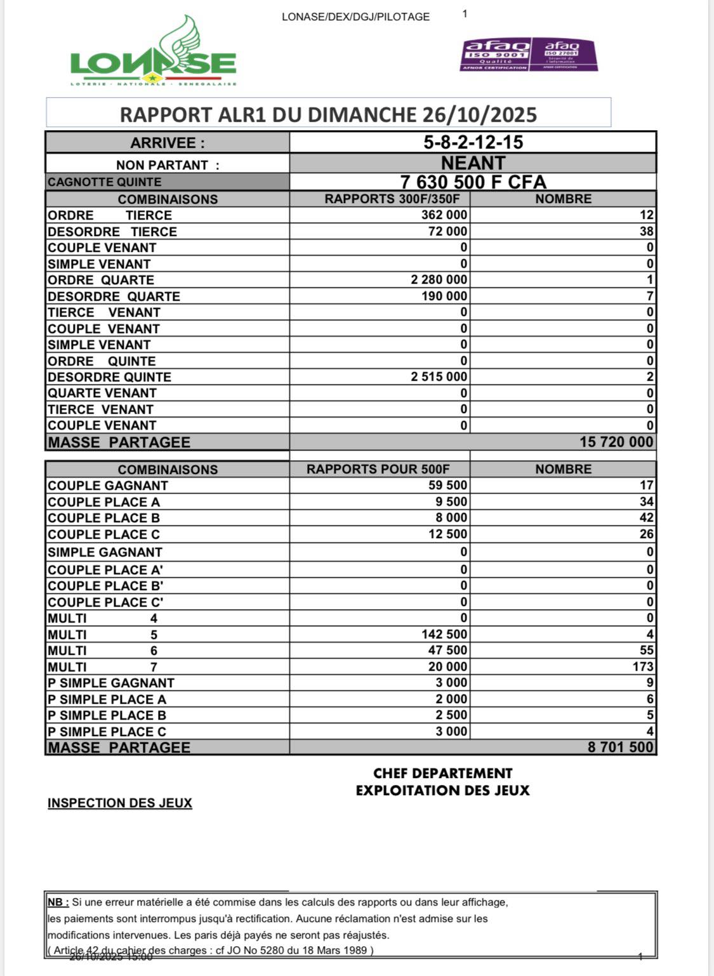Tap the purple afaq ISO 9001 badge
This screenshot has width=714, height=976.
pyautogui.click(x=496, y=54)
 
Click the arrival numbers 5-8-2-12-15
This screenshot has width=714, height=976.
pyautogui.click(x=473, y=142)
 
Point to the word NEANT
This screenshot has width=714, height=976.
pyautogui.click(x=473, y=163)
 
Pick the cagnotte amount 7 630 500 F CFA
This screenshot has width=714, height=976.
pyautogui.click(x=473, y=182)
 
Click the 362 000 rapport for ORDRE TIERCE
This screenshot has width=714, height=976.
pyautogui.click(x=444, y=215)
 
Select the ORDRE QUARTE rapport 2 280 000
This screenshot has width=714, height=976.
pyautogui.click(x=439, y=280)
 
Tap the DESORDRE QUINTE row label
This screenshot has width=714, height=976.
pyautogui.click(x=109, y=377)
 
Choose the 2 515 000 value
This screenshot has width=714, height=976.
pyautogui.click(x=439, y=377)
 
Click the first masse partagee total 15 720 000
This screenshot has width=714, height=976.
pyautogui.click(x=616, y=442)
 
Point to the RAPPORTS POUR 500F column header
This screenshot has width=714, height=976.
pyautogui.click(x=378, y=470)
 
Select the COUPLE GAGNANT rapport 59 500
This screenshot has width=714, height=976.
pyautogui.click(x=447, y=485)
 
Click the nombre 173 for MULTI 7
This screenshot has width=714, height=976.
pyautogui.click(x=642, y=666)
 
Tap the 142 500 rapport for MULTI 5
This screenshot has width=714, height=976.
pyautogui.click(x=444, y=634)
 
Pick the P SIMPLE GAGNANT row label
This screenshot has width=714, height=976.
pyautogui.click(x=111, y=683)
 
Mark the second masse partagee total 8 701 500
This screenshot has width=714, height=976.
pyautogui.click(x=620, y=747)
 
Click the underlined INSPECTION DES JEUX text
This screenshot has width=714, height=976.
pyautogui.click(x=120, y=803)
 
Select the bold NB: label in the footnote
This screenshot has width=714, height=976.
pyautogui.click(x=58, y=902)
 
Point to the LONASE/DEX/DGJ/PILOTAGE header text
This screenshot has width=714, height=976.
pyautogui.click(x=355, y=17)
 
